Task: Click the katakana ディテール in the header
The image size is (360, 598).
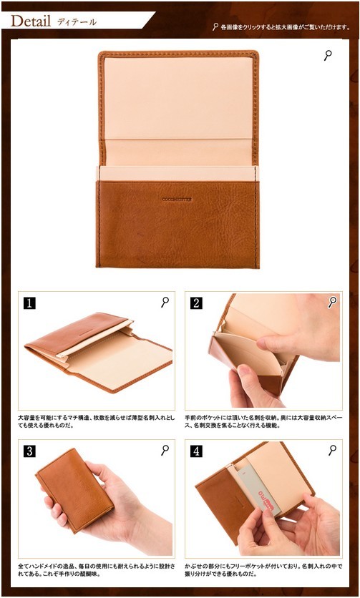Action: (77, 21)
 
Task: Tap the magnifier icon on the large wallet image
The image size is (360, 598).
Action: (328, 55)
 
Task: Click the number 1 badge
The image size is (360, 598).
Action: (29, 303)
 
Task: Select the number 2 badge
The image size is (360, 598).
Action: (196, 303)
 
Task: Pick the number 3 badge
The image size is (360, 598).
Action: (29, 451)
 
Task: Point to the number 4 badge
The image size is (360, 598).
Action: (196, 451)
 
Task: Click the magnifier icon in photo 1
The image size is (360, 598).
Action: (165, 302)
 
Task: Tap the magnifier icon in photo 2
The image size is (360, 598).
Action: (332, 302)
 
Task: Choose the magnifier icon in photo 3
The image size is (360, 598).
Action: (165, 450)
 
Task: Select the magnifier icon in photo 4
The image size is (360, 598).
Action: (332, 450)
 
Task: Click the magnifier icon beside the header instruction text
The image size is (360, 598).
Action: (215, 27)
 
